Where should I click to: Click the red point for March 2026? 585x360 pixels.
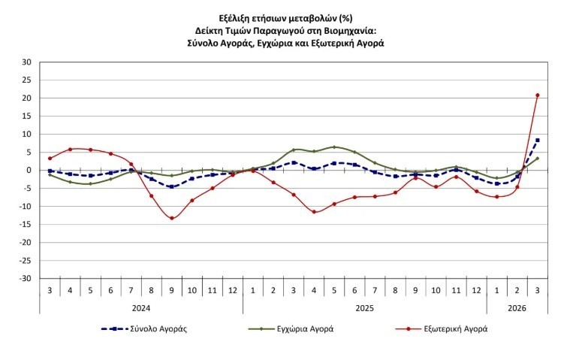click(x=538, y=95)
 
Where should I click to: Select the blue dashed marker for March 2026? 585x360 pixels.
click(x=538, y=140)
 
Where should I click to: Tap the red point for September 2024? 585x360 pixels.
click(x=172, y=219)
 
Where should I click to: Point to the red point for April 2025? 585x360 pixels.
click(x=314, y=212)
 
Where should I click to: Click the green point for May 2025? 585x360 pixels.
click(x=334, y=147)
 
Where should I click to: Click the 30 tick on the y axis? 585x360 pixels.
click(x=26, y=62)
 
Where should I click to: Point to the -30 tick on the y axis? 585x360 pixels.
click(x=25, y=279)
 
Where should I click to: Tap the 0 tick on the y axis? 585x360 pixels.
click(x=29, y=171)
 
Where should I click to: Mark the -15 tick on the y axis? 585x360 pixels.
click(x=25, y=225)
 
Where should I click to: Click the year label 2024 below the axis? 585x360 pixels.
click(x=141, y=307)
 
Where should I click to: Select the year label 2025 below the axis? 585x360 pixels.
click(x=364, y=307)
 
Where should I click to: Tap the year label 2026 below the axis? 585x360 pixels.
click(x=517, y=307)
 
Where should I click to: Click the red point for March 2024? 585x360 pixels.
click(x=50, y=159)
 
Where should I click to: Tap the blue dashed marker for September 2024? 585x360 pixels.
click(x=172, y=186)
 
